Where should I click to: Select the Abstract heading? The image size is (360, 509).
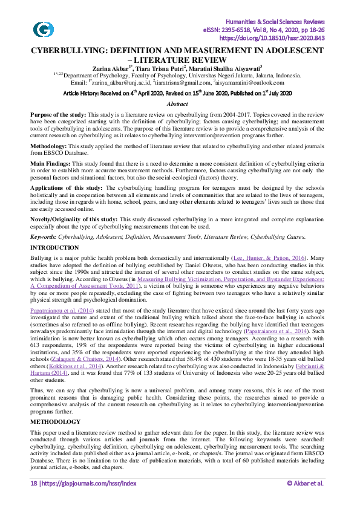tap(180, 104)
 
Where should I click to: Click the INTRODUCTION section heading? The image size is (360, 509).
tap(54, 248)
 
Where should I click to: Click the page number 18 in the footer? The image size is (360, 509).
tap(34, 499)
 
